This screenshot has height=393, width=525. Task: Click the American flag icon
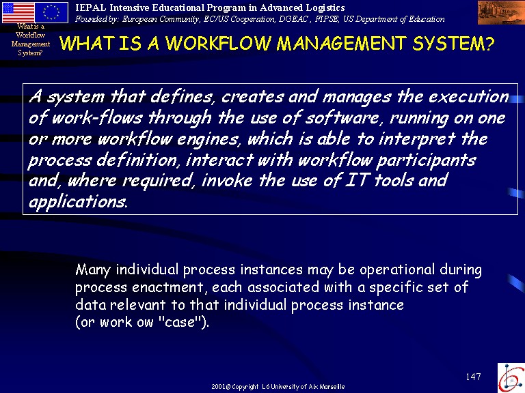click(x=18, y=12)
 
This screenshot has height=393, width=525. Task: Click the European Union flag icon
click(x=51, y=12)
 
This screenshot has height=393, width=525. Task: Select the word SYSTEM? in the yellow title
click(x=453, y=44)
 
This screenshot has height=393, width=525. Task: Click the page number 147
click(x=474, y=377)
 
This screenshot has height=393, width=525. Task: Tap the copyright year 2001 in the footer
click(x=219, y=387)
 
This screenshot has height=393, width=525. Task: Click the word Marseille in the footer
click(x=332, y=387)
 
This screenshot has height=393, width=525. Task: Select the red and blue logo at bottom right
click(x=511, y=378)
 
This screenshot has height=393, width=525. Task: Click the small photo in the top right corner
click(x=501, y=12)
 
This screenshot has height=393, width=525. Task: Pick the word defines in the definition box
click(x=181, y=97)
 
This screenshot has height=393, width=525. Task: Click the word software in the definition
click(x=342, y=118)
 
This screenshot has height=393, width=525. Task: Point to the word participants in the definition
click(x=426, y=161)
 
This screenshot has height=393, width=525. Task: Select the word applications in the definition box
click(x=78, y=202)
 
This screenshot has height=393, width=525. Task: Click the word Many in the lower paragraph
click(x=93, y=270)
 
